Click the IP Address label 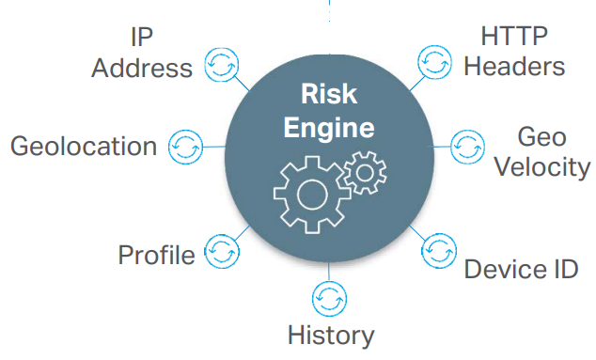pos(142,53)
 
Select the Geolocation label pos(83,147)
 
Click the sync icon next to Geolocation pos(184,147)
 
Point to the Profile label pos(156,255)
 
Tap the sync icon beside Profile pos(221,252)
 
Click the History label pos(330,335)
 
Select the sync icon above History pos(329,299)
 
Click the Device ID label pos(520,269)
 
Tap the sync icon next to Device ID pos(438,252)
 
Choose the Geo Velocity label pos(541,152)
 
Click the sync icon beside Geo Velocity pos(467,147)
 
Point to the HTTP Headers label pos(515,52)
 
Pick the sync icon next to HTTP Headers pos(435,62)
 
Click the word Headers pos(515,67)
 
